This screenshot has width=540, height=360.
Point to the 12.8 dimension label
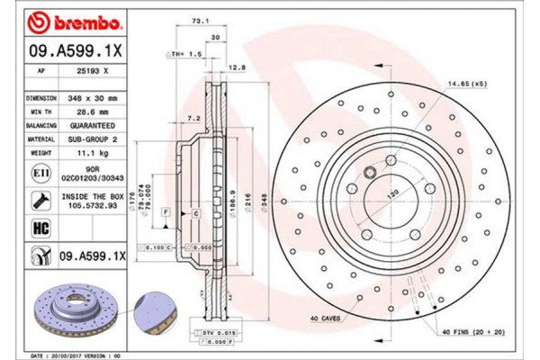tap(237, 67)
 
